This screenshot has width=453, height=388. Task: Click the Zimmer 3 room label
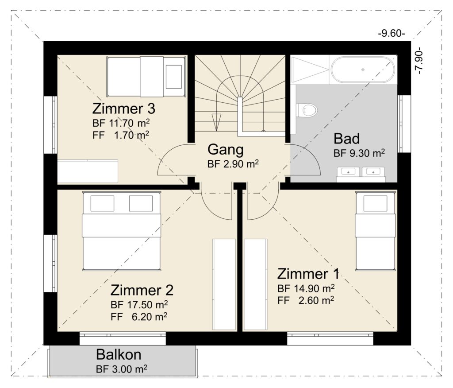pos(124,109)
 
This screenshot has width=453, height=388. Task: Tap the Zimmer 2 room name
pos(142,290)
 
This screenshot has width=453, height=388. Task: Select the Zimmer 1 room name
pos(308,274)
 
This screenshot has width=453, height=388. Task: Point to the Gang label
pos(226,150)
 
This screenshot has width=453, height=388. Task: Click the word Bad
pos(347,139)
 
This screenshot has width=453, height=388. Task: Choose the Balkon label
pos(119,354)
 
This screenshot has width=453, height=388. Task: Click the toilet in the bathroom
pos(307,110)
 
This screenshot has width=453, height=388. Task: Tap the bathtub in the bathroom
pos(363,70)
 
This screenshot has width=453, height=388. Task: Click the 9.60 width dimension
pos(392,34)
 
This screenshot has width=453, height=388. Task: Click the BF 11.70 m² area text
pos(121,123)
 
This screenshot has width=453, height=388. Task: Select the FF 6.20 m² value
pos(138,317)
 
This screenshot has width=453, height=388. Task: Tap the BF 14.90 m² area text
pos(306,288)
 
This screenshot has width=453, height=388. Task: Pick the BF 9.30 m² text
pos(359,153)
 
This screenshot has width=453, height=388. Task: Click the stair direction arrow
pos(216,122)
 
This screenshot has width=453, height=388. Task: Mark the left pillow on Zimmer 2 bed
pos(102,203)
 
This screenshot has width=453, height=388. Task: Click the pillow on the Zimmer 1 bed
pos(375,203)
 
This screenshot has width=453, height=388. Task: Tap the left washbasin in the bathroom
pos(349,172)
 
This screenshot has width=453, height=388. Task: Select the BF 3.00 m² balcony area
pos(122,369)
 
